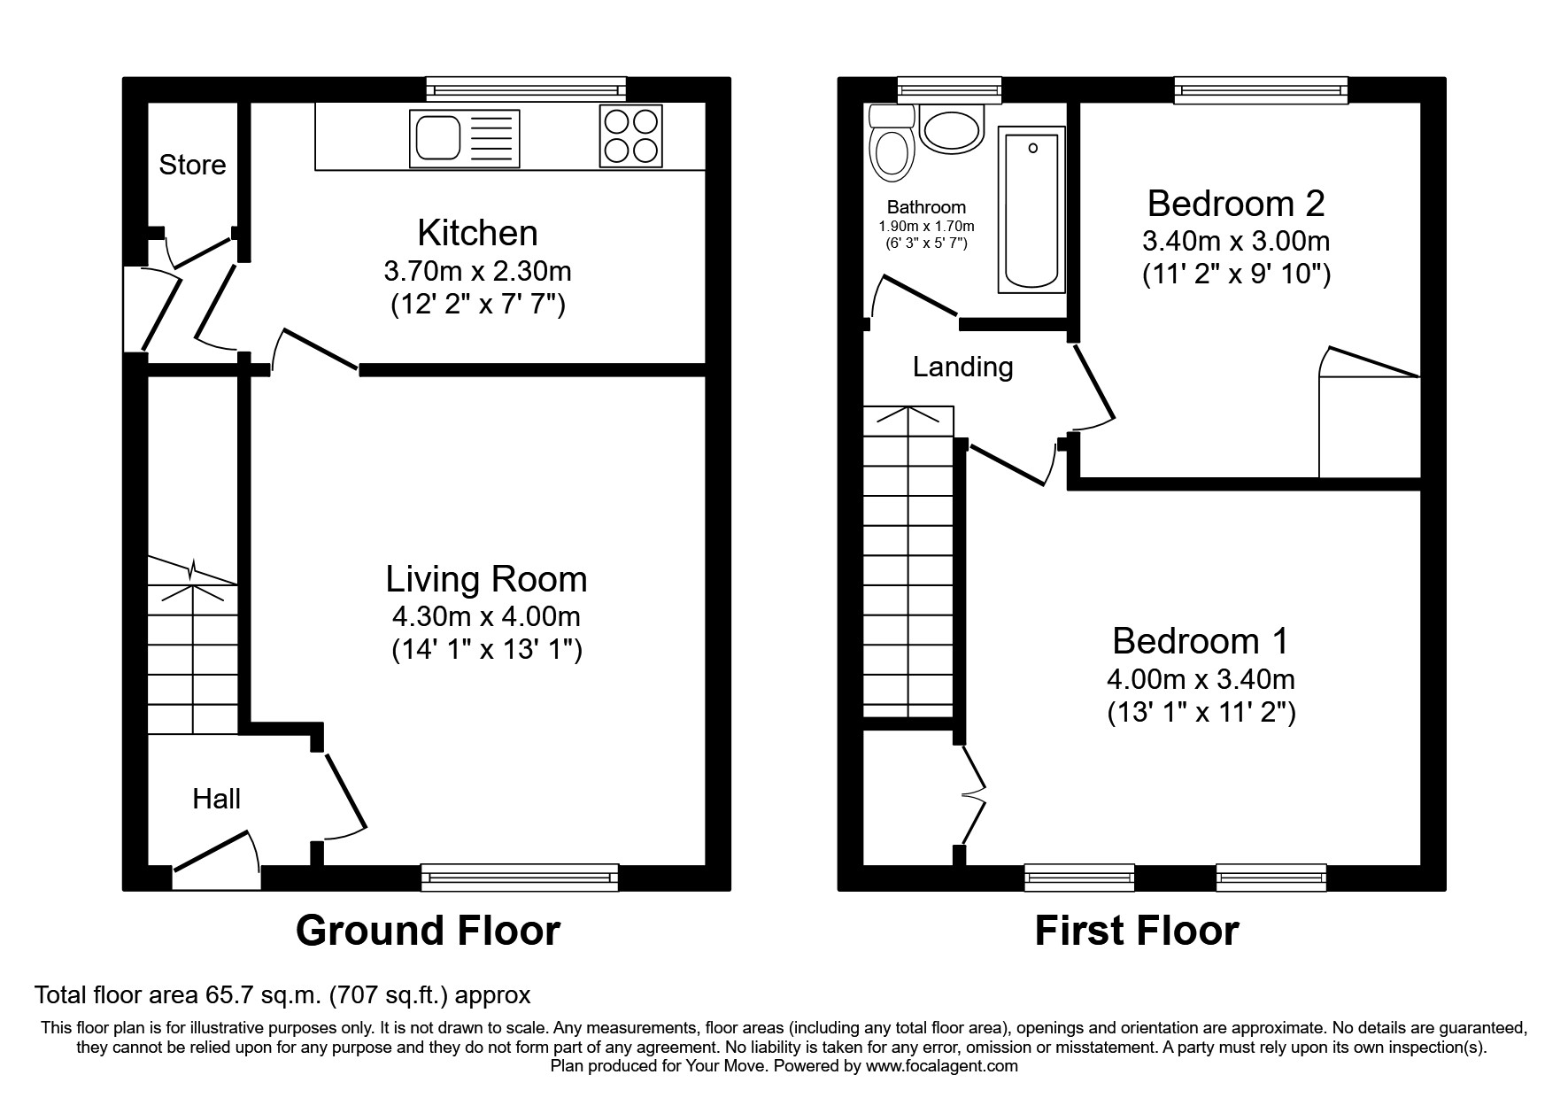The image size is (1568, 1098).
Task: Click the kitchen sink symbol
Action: [464, 139]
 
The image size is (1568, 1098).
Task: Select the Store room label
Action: [192, 165]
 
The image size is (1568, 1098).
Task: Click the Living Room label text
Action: [486, 579]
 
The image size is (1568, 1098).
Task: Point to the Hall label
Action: [216, 799]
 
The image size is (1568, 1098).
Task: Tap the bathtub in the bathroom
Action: [1031, 209]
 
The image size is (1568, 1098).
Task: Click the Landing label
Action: [962, 367]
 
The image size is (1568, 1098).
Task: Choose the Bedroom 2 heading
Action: [1236, 204]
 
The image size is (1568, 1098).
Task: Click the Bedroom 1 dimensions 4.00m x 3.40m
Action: [1201, 679]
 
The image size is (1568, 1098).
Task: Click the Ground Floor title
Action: [428, 931]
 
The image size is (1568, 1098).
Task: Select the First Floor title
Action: [1137, 931]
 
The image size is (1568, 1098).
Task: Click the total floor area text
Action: [282, 995]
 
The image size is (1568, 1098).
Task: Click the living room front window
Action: [520, 877]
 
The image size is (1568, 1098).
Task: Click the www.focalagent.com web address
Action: [941, 1066]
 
